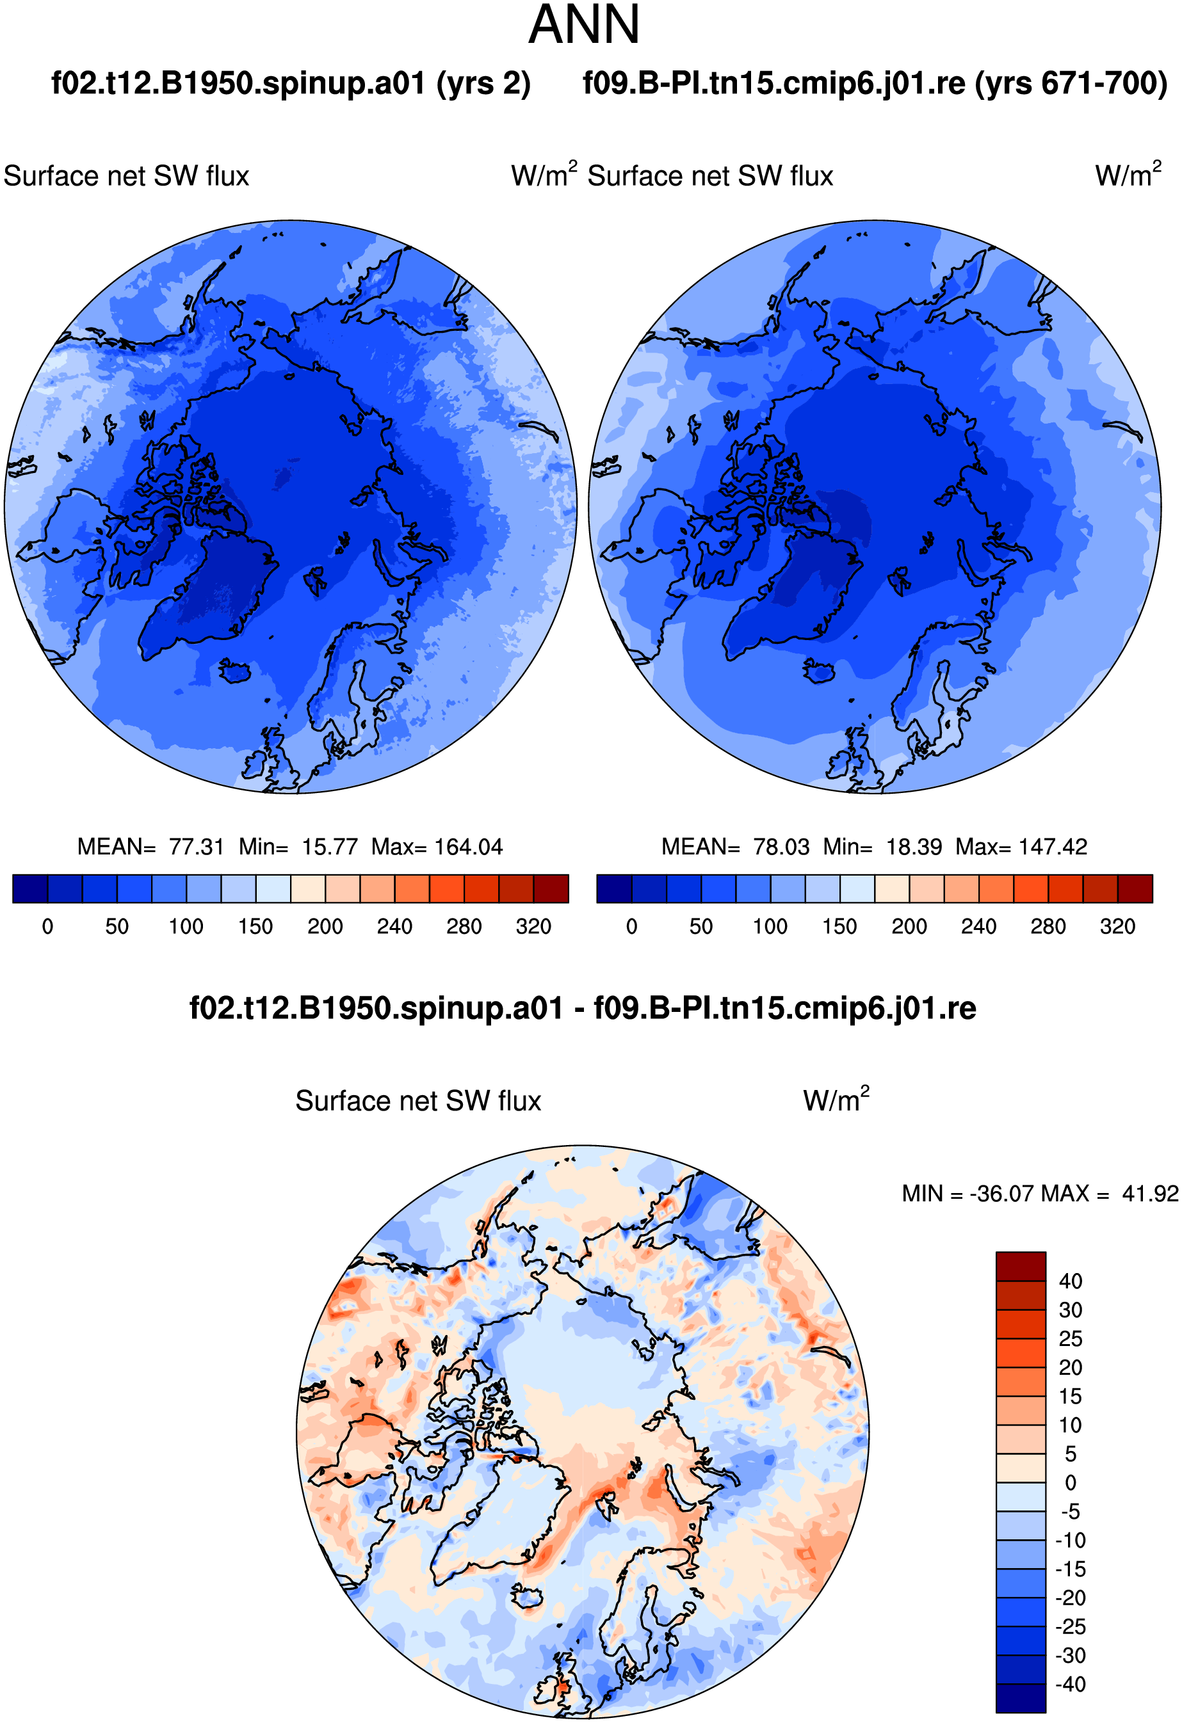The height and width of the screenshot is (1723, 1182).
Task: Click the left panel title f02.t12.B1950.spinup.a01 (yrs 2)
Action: [291, 83]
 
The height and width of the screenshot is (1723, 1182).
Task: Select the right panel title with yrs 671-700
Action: [875, 83]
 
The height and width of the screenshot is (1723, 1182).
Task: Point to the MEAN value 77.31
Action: [197, 847]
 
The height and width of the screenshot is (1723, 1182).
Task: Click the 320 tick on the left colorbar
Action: [533, 927]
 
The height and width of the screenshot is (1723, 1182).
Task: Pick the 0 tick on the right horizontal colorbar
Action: [632, 927]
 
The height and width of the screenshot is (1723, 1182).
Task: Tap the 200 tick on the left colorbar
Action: [325, 927]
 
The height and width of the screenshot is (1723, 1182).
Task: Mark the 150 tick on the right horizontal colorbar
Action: [839, 927]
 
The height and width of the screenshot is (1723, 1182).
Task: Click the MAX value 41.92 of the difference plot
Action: [1150, 1194]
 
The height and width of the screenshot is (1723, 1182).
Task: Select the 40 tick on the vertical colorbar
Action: [1070, 1281]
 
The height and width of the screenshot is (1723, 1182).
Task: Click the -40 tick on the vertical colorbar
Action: [1070, 1685]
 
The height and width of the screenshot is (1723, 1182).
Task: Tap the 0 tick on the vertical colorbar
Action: [1070, 1483]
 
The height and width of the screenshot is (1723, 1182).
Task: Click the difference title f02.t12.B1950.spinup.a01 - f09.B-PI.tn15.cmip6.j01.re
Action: [583, 1008]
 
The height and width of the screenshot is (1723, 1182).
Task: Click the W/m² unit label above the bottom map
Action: [836, 1100]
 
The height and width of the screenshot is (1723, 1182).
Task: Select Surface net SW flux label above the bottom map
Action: [418, 1102]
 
